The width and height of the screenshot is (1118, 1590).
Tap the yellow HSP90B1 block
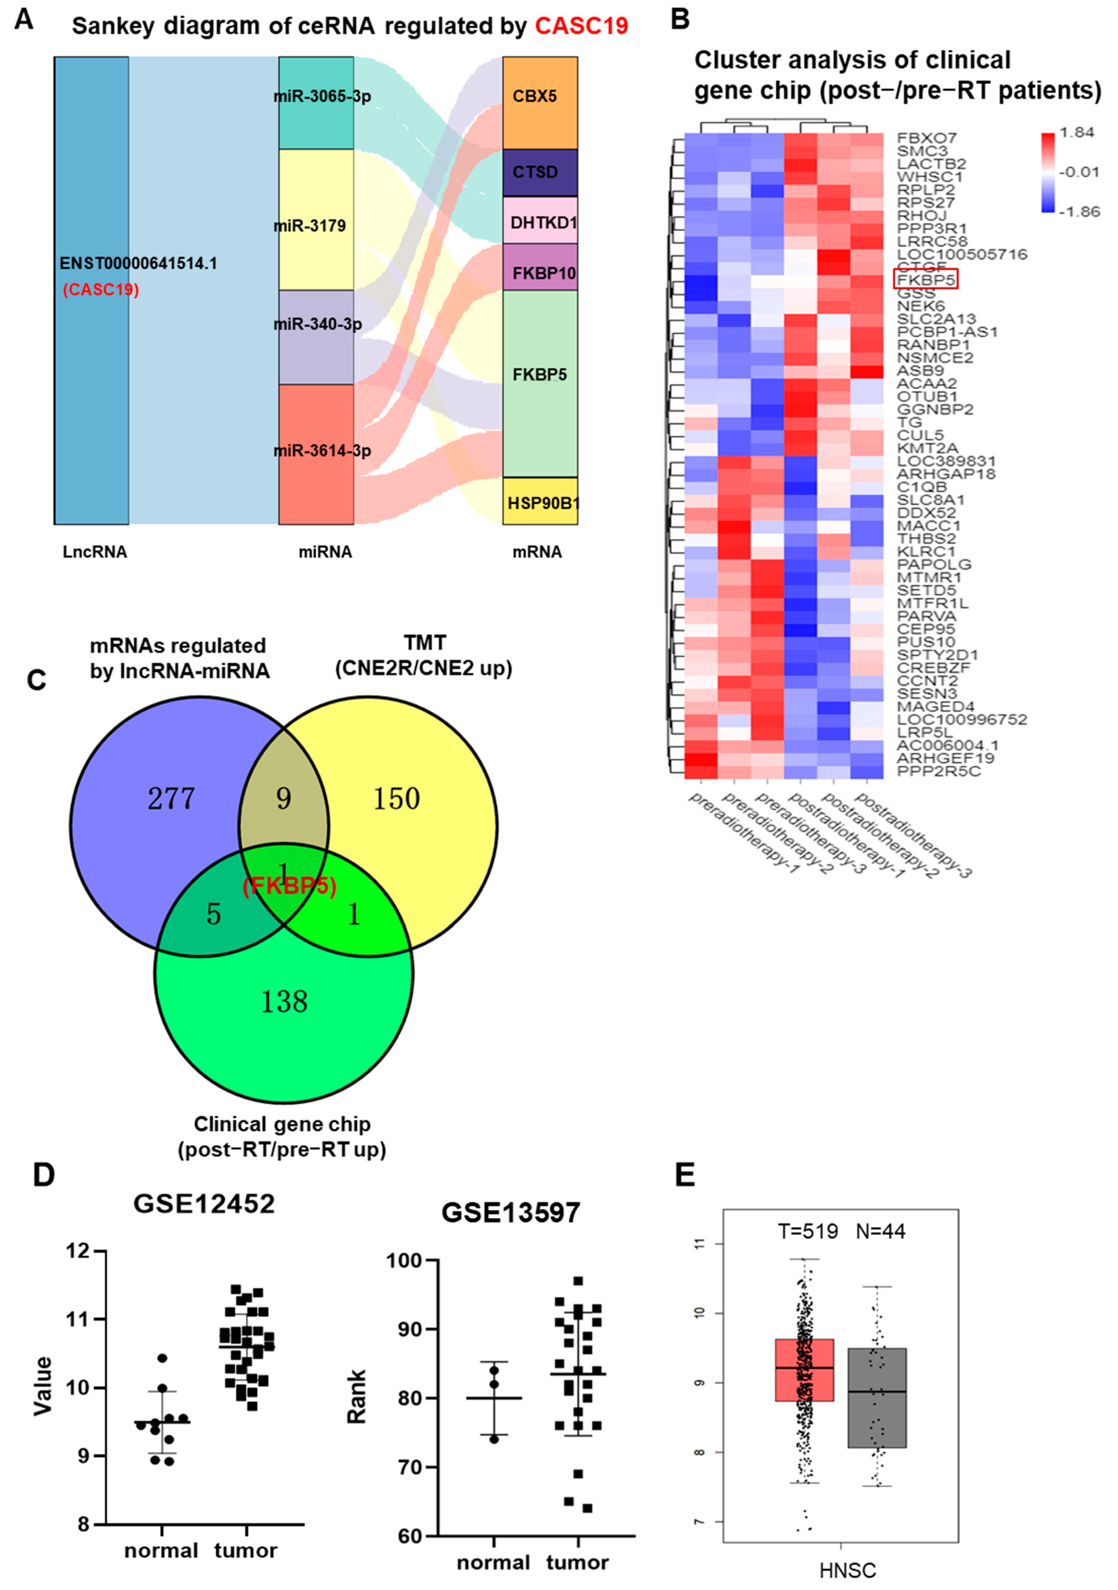[541, 502]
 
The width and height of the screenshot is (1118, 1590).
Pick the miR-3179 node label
[310, 226]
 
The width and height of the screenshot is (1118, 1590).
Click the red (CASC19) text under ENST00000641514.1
[100, 289]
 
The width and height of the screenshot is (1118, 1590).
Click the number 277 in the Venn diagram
[171, 798]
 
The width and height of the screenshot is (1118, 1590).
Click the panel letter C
[36, 680]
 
